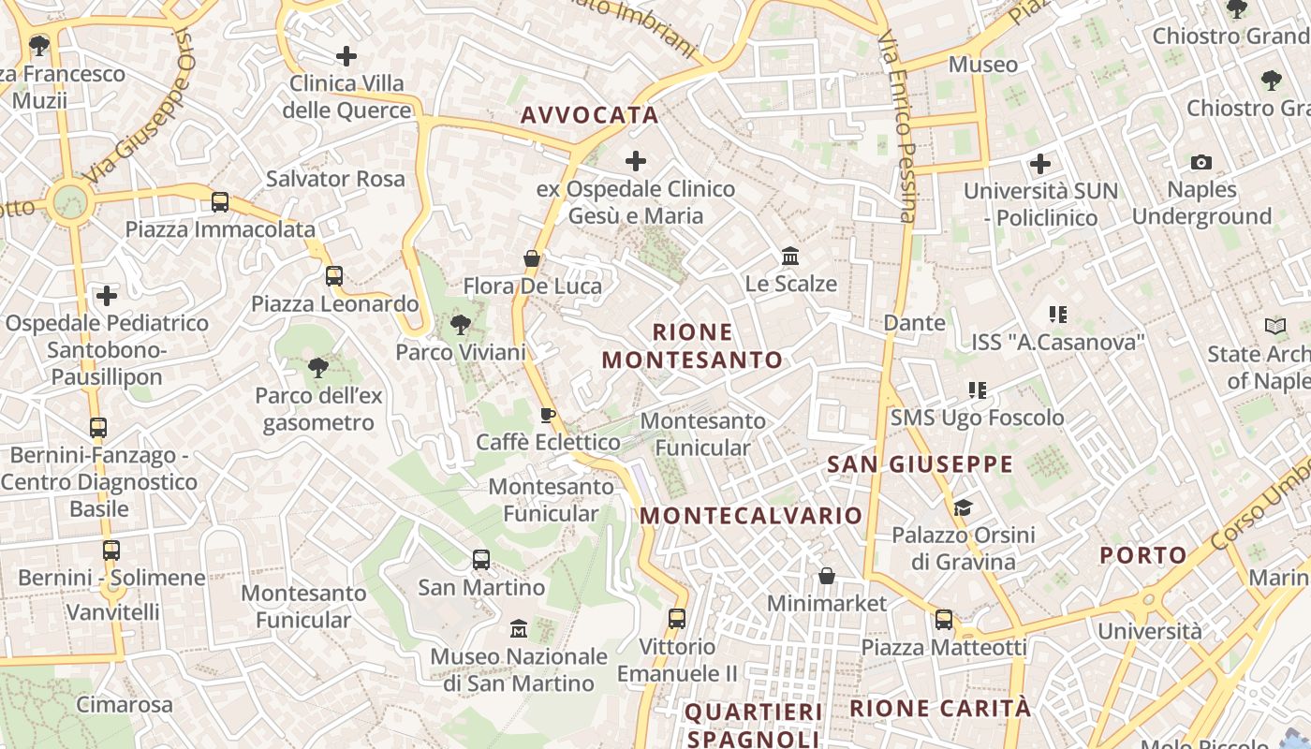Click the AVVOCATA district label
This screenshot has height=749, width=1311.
pyautogui.click(x=589, y=115)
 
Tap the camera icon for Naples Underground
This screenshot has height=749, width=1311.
pyautogui.click(x=1201, y=163)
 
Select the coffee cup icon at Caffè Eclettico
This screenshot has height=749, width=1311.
pyautogui.click(x=548, y=415)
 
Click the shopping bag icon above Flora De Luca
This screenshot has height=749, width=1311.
pyautogui.click(x=532, y=258)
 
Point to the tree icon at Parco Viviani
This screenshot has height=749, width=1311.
pyautogui.click(x=460, y=326)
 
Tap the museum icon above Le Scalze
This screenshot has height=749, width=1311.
pyautogui.click(x=790, y=256)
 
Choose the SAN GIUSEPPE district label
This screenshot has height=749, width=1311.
pyautogui.click(x=920, y=464)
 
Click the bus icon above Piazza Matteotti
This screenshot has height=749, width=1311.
pyautogui.click(x=944, y=620)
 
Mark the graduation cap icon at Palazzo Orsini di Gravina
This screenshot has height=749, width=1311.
pyautogui.click(x=963, y=508)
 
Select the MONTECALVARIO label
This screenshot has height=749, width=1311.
pyautogui.click(x=751, y=516)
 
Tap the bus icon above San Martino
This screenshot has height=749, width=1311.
pyautogui.click(x=481, y=560)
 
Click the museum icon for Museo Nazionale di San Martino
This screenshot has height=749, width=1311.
pyautogui.click(x=518, y=629)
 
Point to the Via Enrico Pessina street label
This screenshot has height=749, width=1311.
pyautogui.click(x=897, y=126)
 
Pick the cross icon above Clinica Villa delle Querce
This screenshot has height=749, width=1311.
pyautogui.click(x=346, y=56)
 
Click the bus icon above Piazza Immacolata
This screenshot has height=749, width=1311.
pyautogui.click(x=220, y=201)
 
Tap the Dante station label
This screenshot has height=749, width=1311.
pyautogui.click(x=915, y=323)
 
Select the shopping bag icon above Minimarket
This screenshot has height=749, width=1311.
pyautogui.click(x=827, y=576)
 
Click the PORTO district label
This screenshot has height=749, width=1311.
pyautogui.click(x=1142, y=555)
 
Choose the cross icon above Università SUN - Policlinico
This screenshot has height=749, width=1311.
pyautogui.click(x=1040, y=165)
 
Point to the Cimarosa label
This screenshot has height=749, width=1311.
pyautogui.click(x=125, y=704)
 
